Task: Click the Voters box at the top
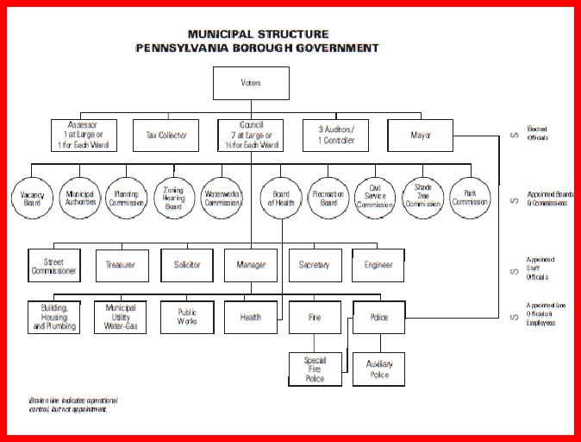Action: [250, 83]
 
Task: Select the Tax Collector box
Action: [166, 135]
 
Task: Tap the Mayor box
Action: [420, 135]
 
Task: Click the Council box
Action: [250, 135]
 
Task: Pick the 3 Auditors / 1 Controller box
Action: [334, 135]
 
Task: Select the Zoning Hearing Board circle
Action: [175, 198]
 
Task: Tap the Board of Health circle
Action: [280, 198]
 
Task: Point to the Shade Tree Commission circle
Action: [422, 198]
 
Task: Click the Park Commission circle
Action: [470, 198]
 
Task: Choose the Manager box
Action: [251, 265]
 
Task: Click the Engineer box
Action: [378, 265]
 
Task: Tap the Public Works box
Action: [187, 317]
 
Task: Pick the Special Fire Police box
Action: [315, 369]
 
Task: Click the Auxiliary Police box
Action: [378, 369]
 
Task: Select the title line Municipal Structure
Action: [257, 35]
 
